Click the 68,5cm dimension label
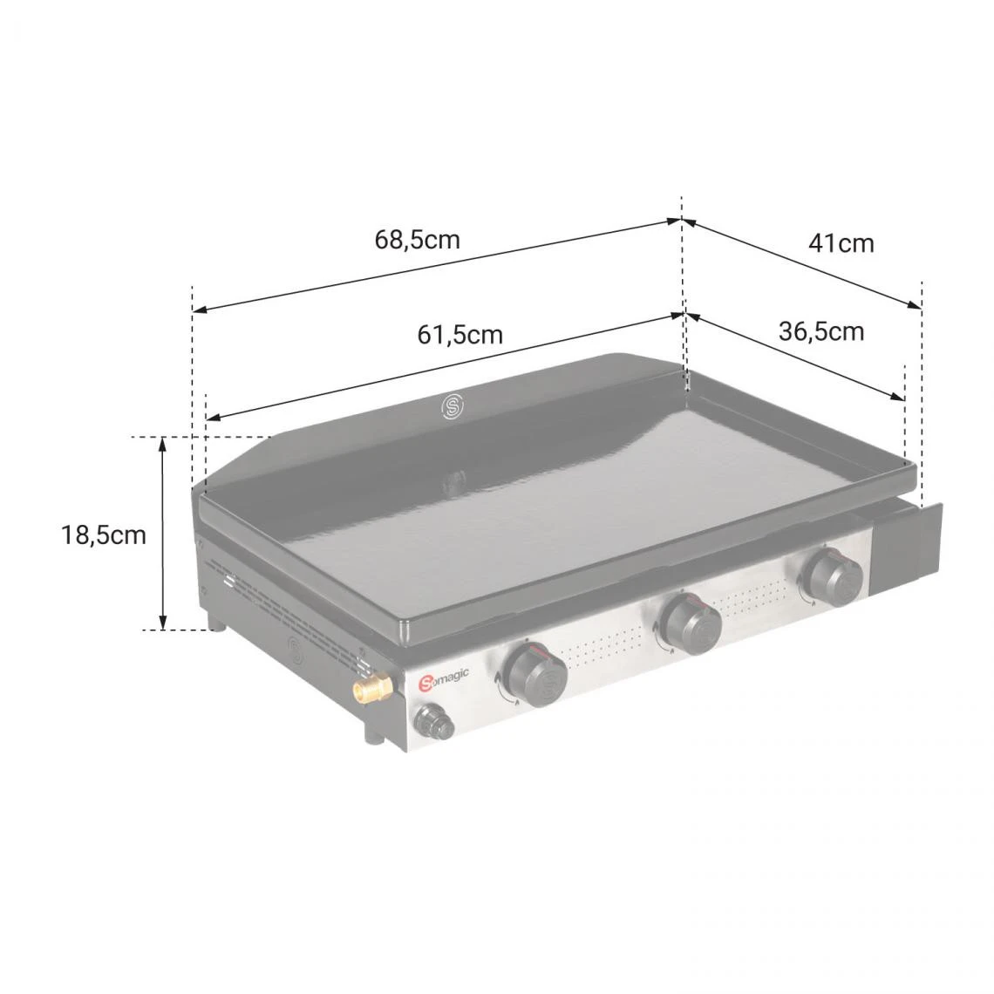point(417,239)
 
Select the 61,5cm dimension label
point(460,334)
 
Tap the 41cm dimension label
point(841,243)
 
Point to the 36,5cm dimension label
point(820,331)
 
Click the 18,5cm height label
point(104,534)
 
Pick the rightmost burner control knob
point(833,576)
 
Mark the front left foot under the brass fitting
point(374,738)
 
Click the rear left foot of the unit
point(214,622)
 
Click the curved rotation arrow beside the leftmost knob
point(502,685)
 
